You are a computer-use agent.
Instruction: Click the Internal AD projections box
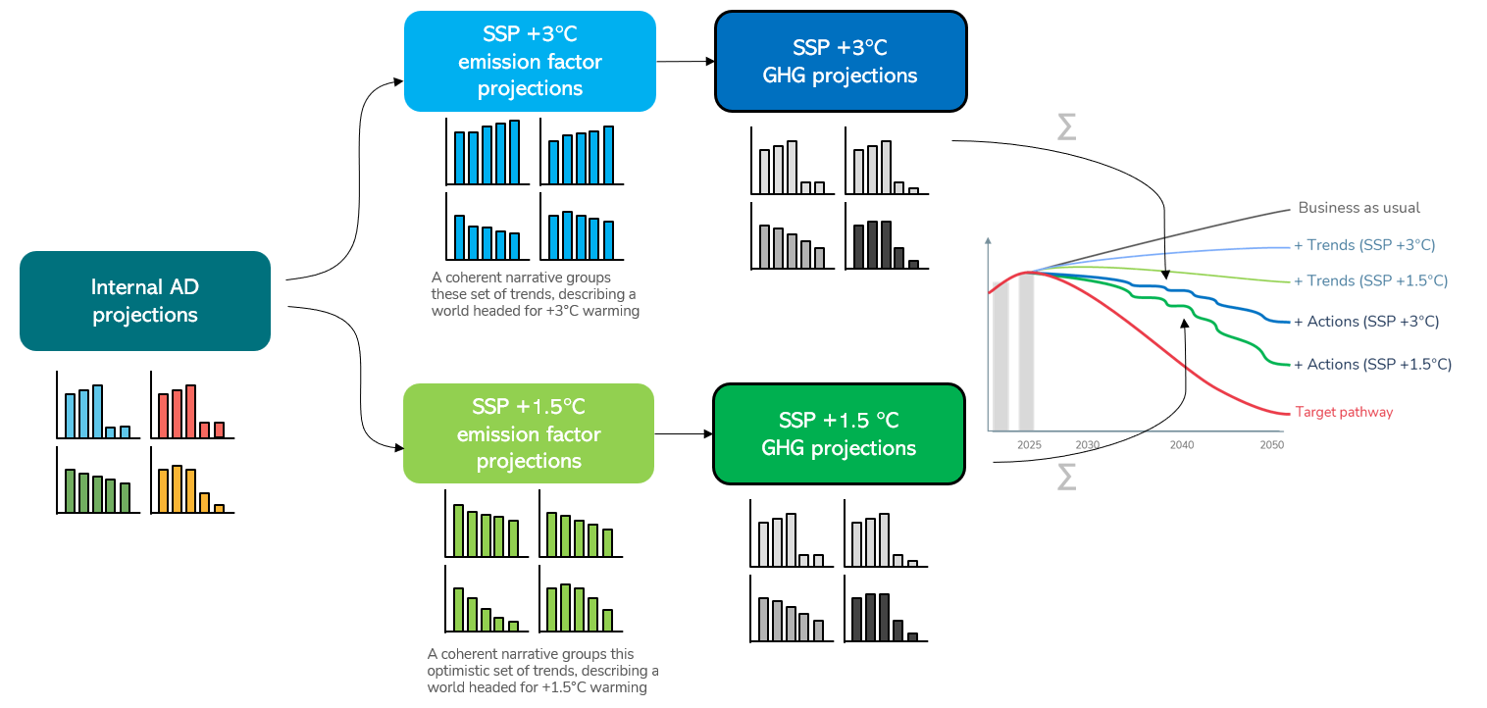pyautogui.click(x=145, y=301)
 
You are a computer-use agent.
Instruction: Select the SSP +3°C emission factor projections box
pyautogui.click(x=530, y=61)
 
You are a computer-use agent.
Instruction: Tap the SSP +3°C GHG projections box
pyautogui.click(x=841, y=61)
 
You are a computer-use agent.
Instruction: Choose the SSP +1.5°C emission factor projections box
pyautogui.click(x=529, y=433)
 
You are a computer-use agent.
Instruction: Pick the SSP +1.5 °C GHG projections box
pyautogui.click(x=839, y=433)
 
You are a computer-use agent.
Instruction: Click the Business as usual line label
pyautogui.click(x=1359, y=208)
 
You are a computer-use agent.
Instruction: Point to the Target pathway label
pyautogui.click(x=1344, y=412)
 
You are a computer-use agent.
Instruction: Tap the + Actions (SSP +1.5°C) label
pyautogui.click(x=1372, y=364)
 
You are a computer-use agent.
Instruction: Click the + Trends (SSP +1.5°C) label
pyautogui.click(x=1370, y=280)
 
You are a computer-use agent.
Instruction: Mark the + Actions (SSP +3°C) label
pyautogui.click(x=1366, y=321)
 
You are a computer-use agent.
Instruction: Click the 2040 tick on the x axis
pyautogui.click(x=1182, y=444)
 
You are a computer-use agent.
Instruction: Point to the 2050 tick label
pyautogui.click(x=1271, y=444)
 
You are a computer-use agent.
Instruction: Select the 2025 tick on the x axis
pyautogui.click(x=1029, y=444)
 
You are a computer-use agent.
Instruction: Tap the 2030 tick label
pyautogui.click(x=1087, y=444)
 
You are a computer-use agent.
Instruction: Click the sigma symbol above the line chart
pyautogui.click(x=1066, y=126)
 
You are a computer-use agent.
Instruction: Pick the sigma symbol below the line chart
pyautogui.click(x=1066, y=477)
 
